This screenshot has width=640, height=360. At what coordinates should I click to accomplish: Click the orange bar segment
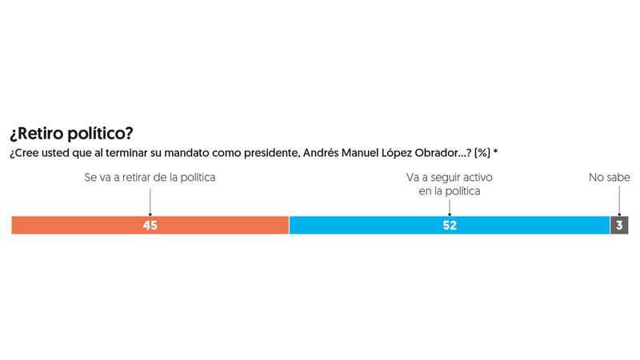pyautogui.click(x=80, y=225)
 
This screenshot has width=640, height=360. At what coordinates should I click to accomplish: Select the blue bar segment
pyautogui.click(x=368, y=225)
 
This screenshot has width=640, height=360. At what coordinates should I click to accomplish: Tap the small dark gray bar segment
pyautogui.click(x=619, y=225)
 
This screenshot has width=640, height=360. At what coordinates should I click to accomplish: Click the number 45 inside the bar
pyautogui.click(x=150, y=226)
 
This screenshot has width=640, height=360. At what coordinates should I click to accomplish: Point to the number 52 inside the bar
pyautogui.click(x=450, y=226)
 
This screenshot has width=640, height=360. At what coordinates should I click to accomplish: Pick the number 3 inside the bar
pyautogui.click(x=619, y=226)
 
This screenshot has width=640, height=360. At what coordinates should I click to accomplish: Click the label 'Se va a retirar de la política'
pyautogui.click(x=150, y=178)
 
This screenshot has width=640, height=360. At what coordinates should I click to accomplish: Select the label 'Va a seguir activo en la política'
pyautogui.click(x=450, y=184)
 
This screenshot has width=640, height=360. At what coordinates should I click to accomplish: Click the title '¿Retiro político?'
pyautogui.click(x=71, y=133)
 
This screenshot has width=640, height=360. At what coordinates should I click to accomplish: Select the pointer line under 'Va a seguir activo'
pyautogui.click(x=450, y=206)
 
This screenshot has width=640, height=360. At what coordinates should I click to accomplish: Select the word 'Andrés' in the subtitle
pyautogui.click(x=319, y=152)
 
